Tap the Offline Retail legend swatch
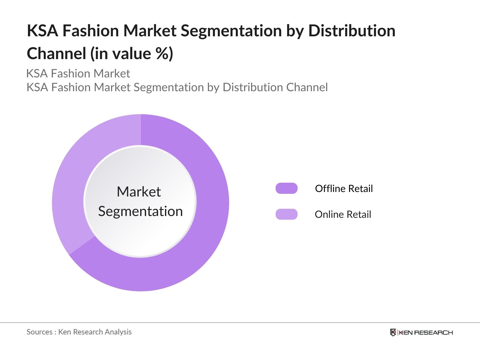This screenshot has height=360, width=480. (286, 188)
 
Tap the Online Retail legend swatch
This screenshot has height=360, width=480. (286, 214)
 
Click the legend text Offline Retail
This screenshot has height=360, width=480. (344, 188)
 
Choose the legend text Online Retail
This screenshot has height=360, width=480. (343, 214)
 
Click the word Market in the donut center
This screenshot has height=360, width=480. (139, 192)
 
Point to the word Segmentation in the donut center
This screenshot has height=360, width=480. (140, 211)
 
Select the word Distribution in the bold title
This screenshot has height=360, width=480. (352, 31)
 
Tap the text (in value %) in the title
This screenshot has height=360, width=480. (132, 53)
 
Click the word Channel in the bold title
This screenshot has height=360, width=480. (56, 53)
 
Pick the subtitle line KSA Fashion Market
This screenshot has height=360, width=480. (78, 73)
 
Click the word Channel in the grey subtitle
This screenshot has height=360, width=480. (307, 87)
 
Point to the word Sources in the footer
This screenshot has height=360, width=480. (39, 332)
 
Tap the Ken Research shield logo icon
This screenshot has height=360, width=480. (393, 332)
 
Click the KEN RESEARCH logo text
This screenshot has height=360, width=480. (426, 332)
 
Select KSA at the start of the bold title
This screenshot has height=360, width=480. (42, 31)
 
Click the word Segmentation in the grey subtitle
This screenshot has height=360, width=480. (169, 87)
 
